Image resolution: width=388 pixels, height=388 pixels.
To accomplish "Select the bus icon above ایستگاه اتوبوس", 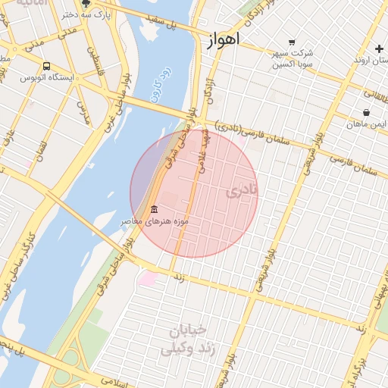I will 47,67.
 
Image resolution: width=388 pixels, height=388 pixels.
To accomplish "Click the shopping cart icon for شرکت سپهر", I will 293,42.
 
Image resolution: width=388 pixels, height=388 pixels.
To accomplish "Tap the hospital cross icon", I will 379,48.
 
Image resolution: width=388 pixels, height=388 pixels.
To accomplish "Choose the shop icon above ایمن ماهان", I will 367,112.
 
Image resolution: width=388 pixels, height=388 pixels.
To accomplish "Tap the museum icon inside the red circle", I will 155,209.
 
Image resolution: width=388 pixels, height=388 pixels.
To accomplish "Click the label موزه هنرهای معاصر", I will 155,221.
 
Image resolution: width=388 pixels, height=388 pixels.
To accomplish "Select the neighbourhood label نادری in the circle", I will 242,190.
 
